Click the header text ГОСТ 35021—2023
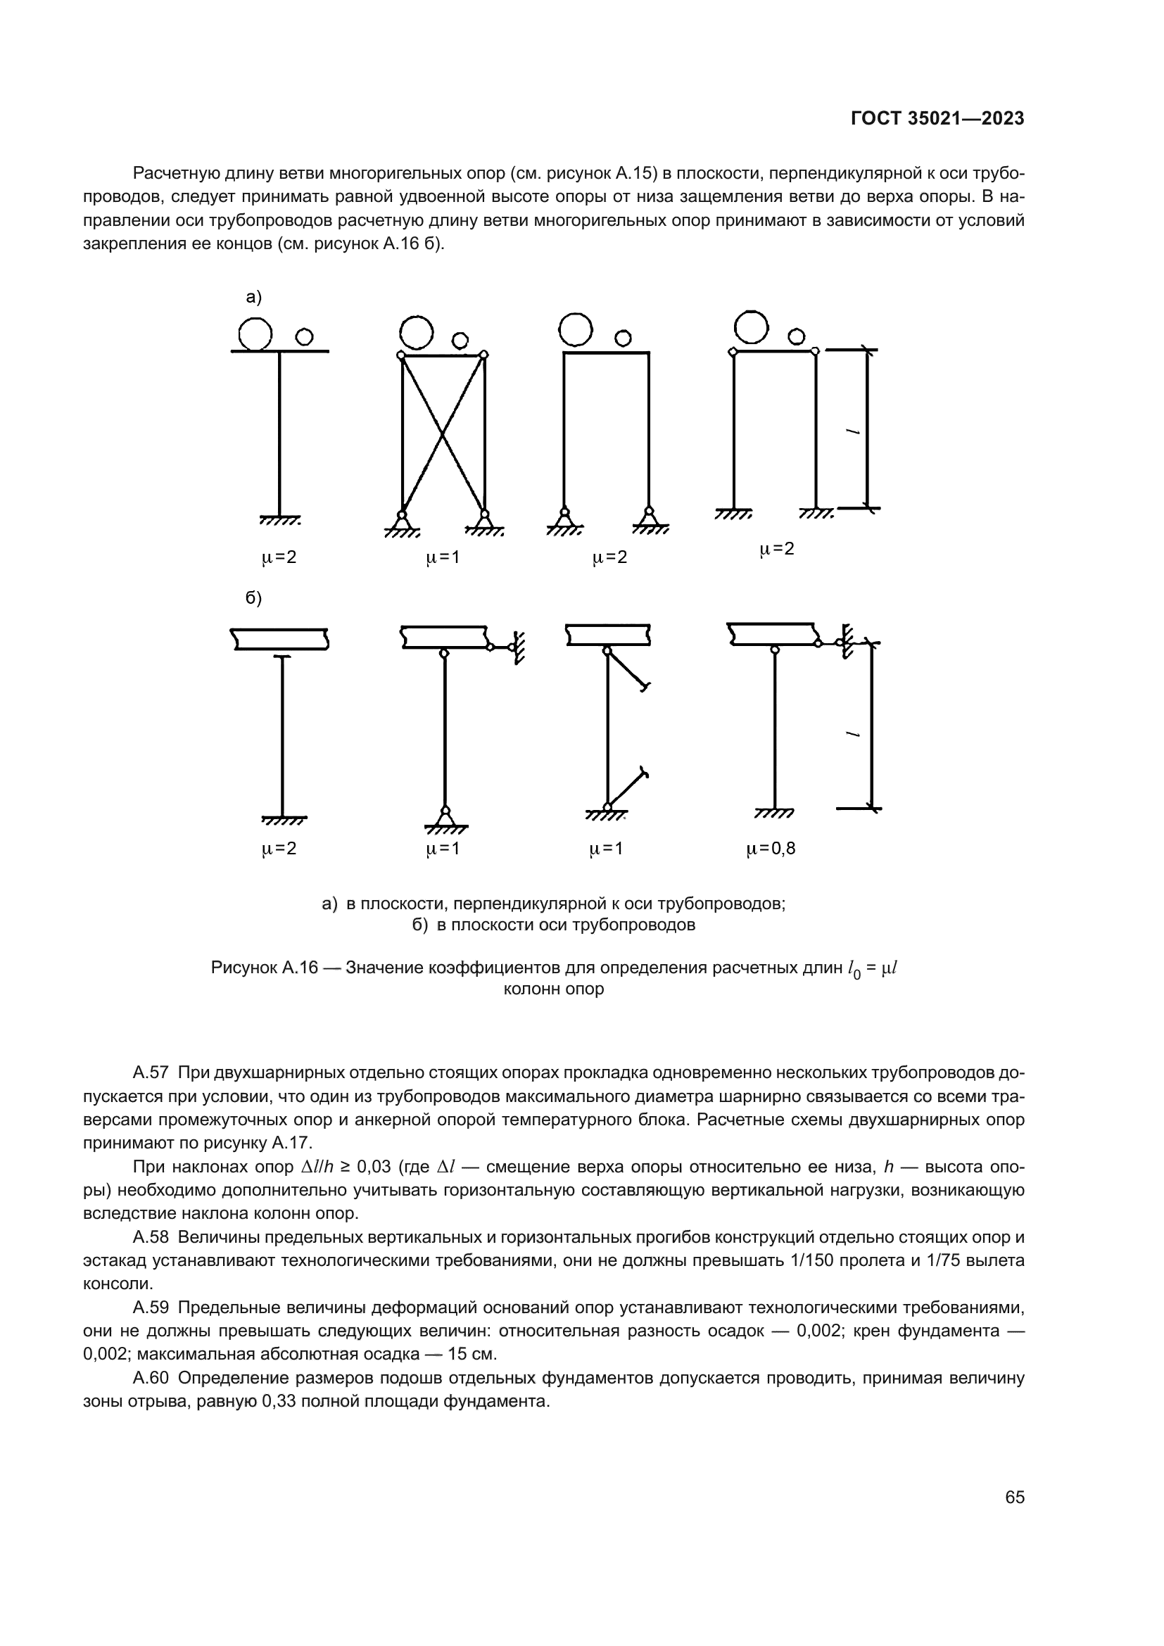[937, 119]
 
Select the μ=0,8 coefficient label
[771, 849]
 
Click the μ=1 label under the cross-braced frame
[442, 557]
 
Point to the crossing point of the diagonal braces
[442, 433]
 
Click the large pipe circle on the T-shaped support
[255, 334]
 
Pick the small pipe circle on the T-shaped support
[304, 336]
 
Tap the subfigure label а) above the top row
[254, 297]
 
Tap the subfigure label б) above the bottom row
[254, 598]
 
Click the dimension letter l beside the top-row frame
[852, 431]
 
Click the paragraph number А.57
[151, 1072]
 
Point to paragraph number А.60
[151, 1378]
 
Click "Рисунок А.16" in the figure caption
[264, 968]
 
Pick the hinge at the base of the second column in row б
[445, 811]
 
